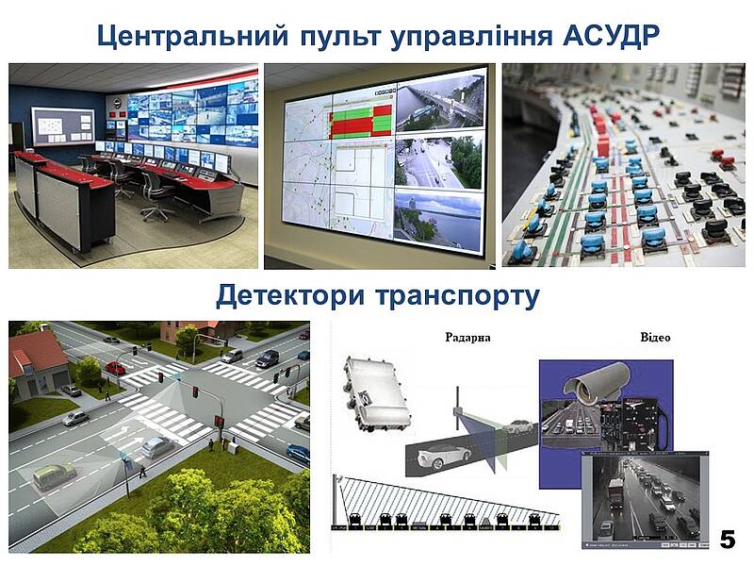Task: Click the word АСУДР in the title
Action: (611, 35)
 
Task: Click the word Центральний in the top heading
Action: (193, 35)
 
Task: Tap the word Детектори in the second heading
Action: (290, 295)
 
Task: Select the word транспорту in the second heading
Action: (457, 297)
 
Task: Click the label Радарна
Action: (467, 337)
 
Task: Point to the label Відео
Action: (655, 337)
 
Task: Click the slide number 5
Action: (727, 540)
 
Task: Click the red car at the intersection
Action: (115, 369)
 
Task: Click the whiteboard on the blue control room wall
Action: (63, 126)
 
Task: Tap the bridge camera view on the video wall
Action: (440, 103)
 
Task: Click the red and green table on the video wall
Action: (360, 123)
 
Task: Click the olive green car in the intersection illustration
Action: (55, 476)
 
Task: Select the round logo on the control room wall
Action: (117, 103)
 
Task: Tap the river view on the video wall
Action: (437, 221)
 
